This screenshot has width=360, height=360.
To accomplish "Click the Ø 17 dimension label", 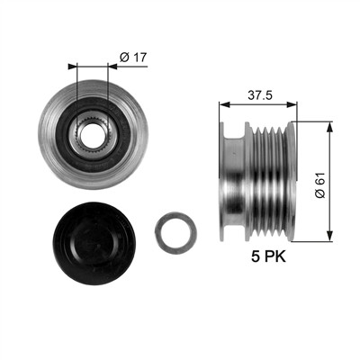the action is point(133,57).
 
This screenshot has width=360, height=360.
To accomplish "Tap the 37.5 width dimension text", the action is point(260,95).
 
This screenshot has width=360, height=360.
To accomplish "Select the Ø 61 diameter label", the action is point(319,184).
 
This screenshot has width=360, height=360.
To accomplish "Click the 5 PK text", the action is point(268,256).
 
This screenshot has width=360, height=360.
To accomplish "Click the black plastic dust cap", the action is point(94,243).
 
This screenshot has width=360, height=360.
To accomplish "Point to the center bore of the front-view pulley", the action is point(92,134).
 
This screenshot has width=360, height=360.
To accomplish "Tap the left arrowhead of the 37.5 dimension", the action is point(224,104).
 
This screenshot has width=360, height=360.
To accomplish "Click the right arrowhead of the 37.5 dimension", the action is point(292,104).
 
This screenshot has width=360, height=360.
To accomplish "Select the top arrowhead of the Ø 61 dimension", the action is point(329,127).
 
